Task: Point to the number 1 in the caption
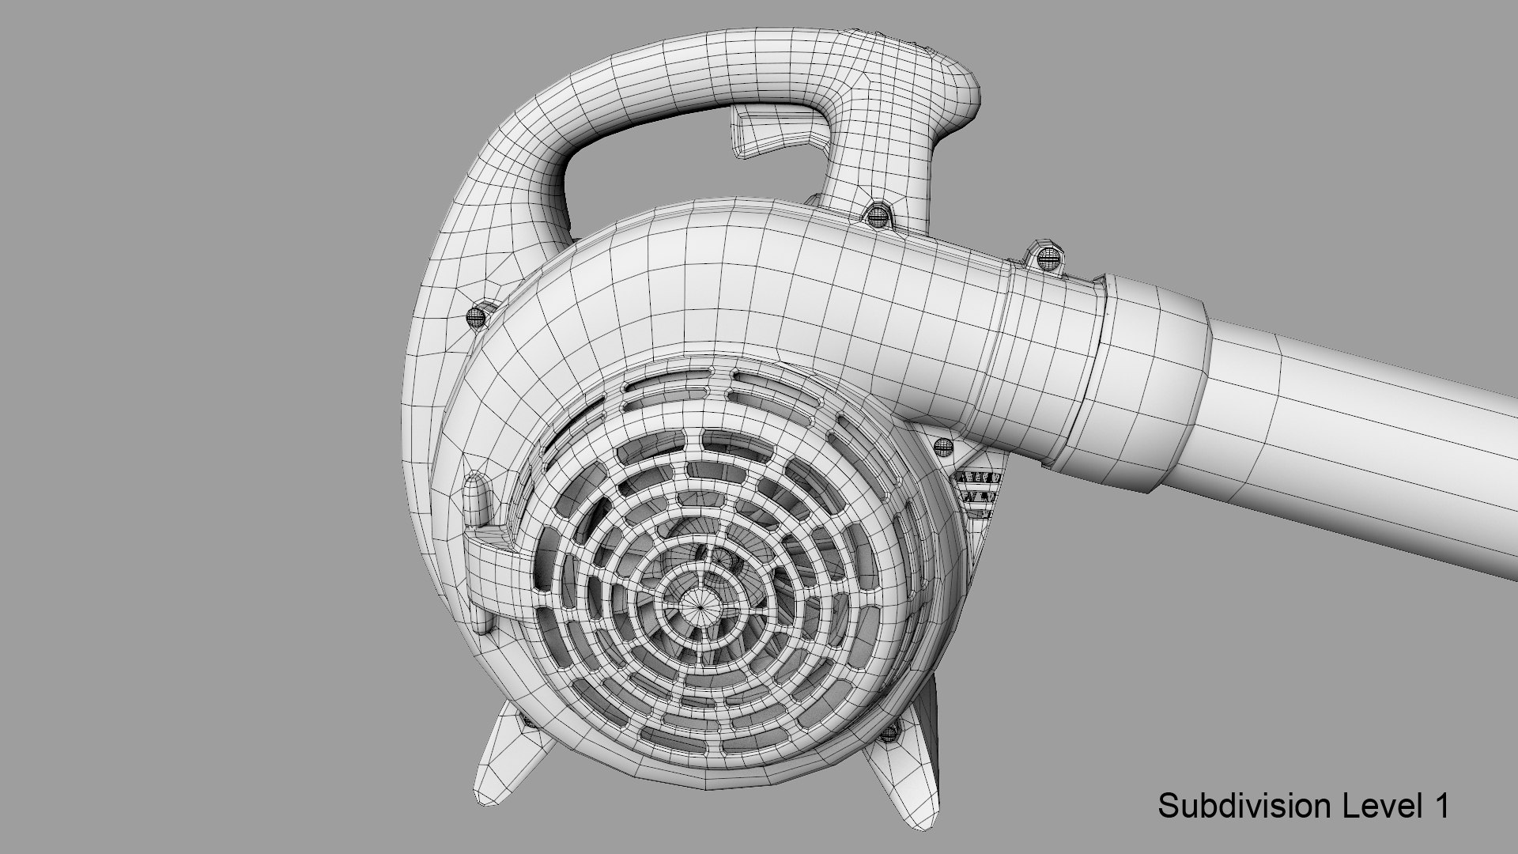coord(1441,807)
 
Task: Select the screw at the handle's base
coord(876,215)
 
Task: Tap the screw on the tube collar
coord(1045,257)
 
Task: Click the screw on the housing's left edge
coord(476,316)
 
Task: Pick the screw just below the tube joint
coord(942,448)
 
